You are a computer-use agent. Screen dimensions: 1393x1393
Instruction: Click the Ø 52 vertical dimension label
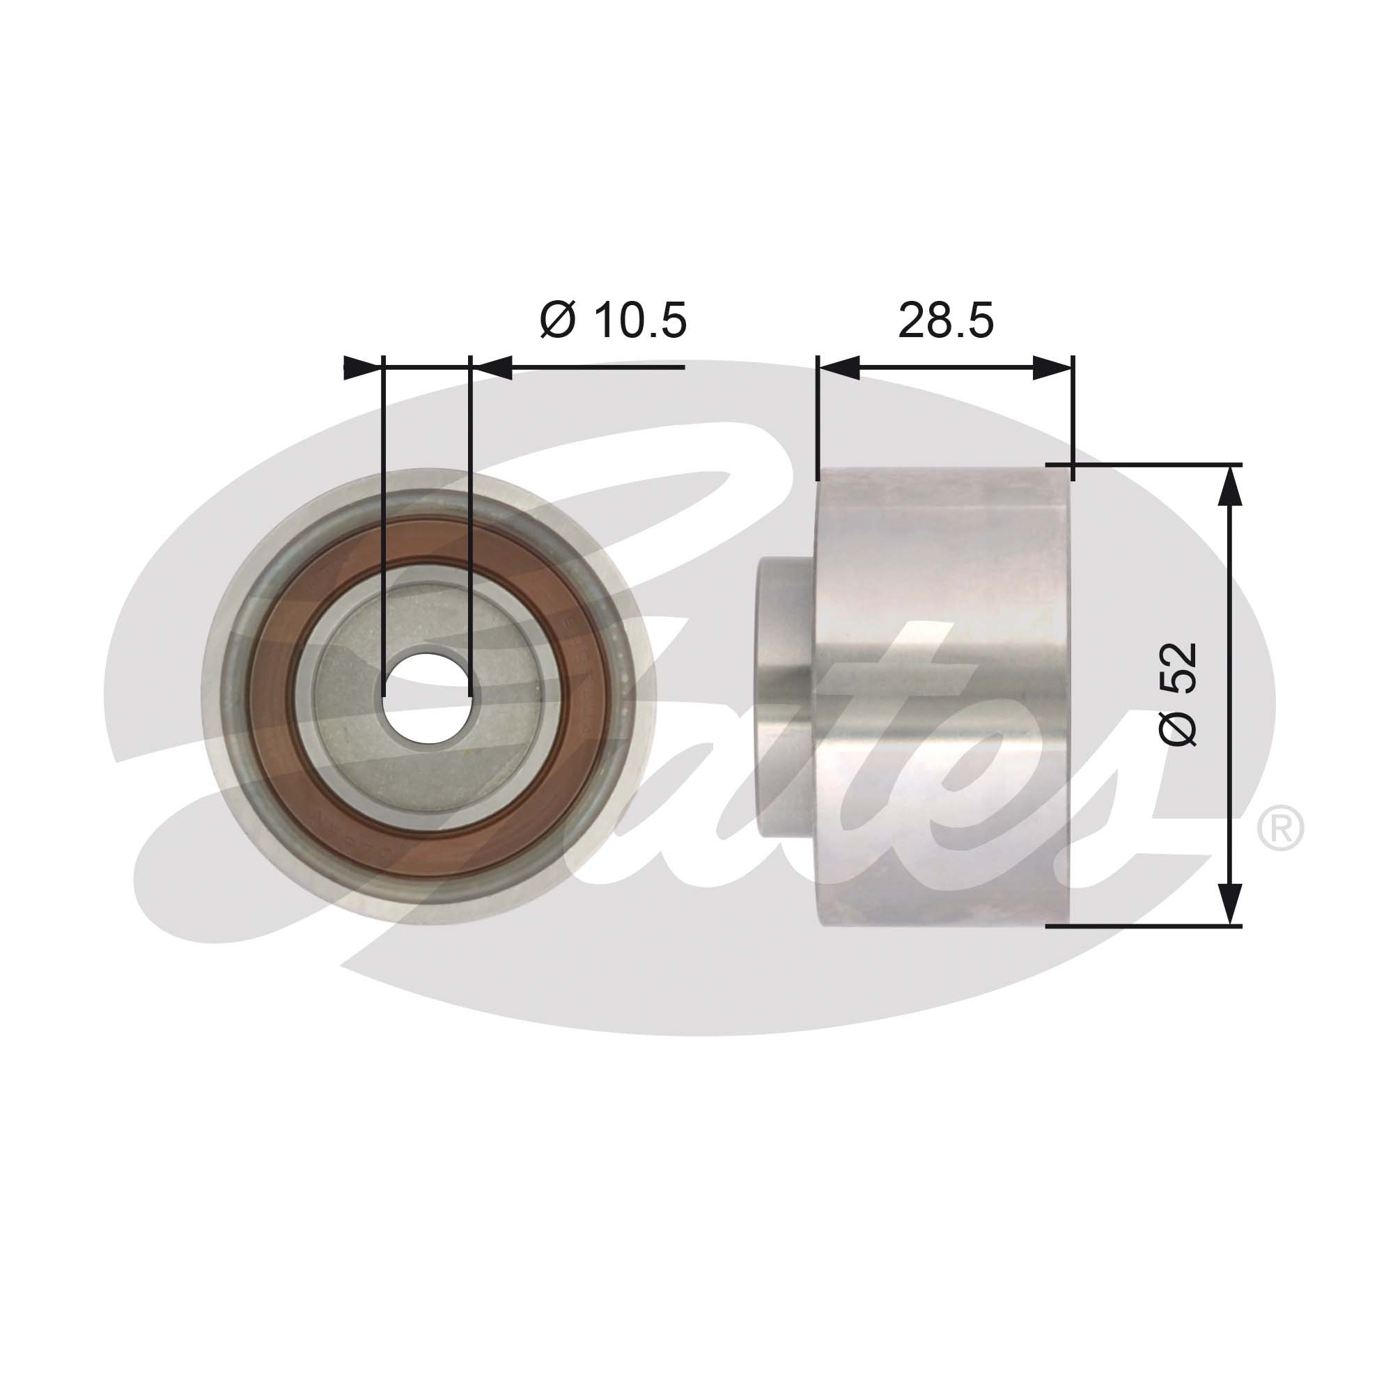(x=1178, y=694)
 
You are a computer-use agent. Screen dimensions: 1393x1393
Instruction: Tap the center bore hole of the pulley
(x=427, y=696)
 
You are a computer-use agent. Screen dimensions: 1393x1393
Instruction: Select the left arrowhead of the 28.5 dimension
(x=839, y=368)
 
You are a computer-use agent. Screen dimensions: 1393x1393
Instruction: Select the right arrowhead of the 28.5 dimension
(x=1052, y=368)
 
